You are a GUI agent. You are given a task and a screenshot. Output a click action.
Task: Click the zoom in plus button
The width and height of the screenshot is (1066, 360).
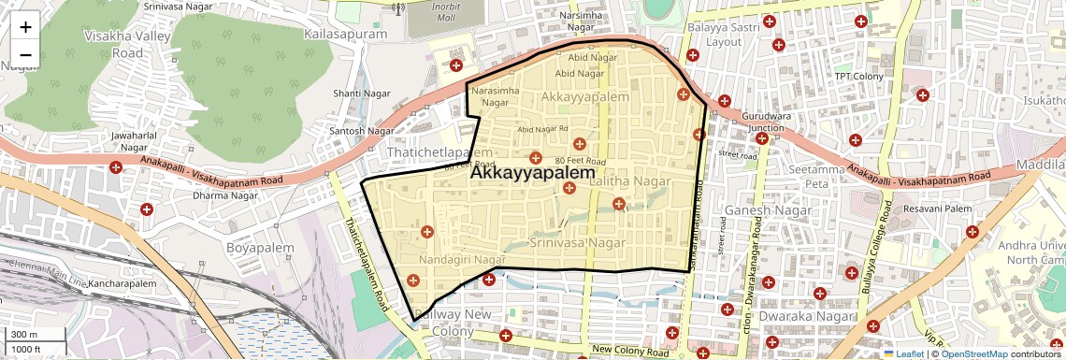pos(25,26)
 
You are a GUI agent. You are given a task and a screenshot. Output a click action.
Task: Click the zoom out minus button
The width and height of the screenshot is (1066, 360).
pos(25,54)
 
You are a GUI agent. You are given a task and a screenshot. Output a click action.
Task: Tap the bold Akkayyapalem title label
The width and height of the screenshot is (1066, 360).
pos(532,173)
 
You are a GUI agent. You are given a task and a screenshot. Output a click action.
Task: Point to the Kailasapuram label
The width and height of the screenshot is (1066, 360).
pos(345,34)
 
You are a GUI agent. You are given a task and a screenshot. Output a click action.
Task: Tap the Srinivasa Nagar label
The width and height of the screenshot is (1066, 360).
pos(577,242)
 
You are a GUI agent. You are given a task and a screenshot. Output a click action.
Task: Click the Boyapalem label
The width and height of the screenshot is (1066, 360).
pos(254,248)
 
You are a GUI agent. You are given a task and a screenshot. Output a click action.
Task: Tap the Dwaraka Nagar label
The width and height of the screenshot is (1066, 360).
pos(803,316)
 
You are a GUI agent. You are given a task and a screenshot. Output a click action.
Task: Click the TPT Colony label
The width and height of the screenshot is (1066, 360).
pos(858,76)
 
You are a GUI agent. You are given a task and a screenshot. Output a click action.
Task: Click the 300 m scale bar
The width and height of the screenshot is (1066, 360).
pos(36,335)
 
